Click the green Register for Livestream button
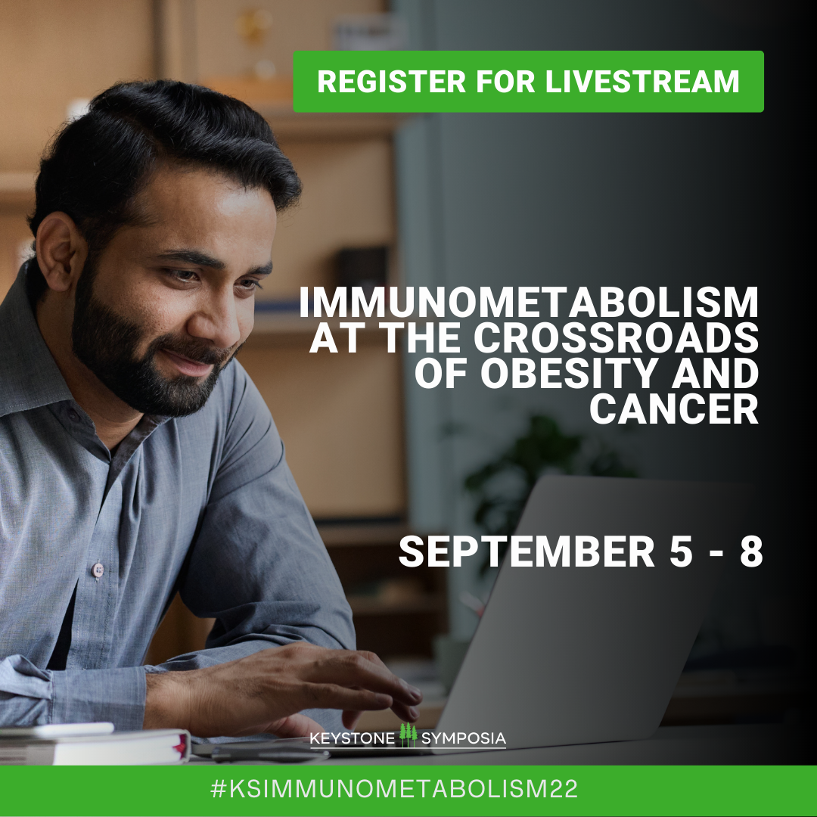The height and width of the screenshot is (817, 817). point(528,81)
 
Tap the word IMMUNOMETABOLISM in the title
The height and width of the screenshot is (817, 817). point(529,303)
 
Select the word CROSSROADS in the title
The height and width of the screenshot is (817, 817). point(616,337)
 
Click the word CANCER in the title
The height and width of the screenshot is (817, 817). point(674,408)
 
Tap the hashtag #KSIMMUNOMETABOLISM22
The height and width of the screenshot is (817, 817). point(394,788)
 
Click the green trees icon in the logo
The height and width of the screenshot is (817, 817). point(408,735)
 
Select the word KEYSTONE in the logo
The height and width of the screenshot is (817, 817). point(353,738)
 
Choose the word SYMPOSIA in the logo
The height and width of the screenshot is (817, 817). point(463,738)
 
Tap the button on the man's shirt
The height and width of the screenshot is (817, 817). point(98,570)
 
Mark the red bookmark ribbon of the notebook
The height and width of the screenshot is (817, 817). point(181,746)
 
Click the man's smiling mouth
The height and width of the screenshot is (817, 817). point(190,362)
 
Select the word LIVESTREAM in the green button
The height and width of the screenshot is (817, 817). point(642,81)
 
